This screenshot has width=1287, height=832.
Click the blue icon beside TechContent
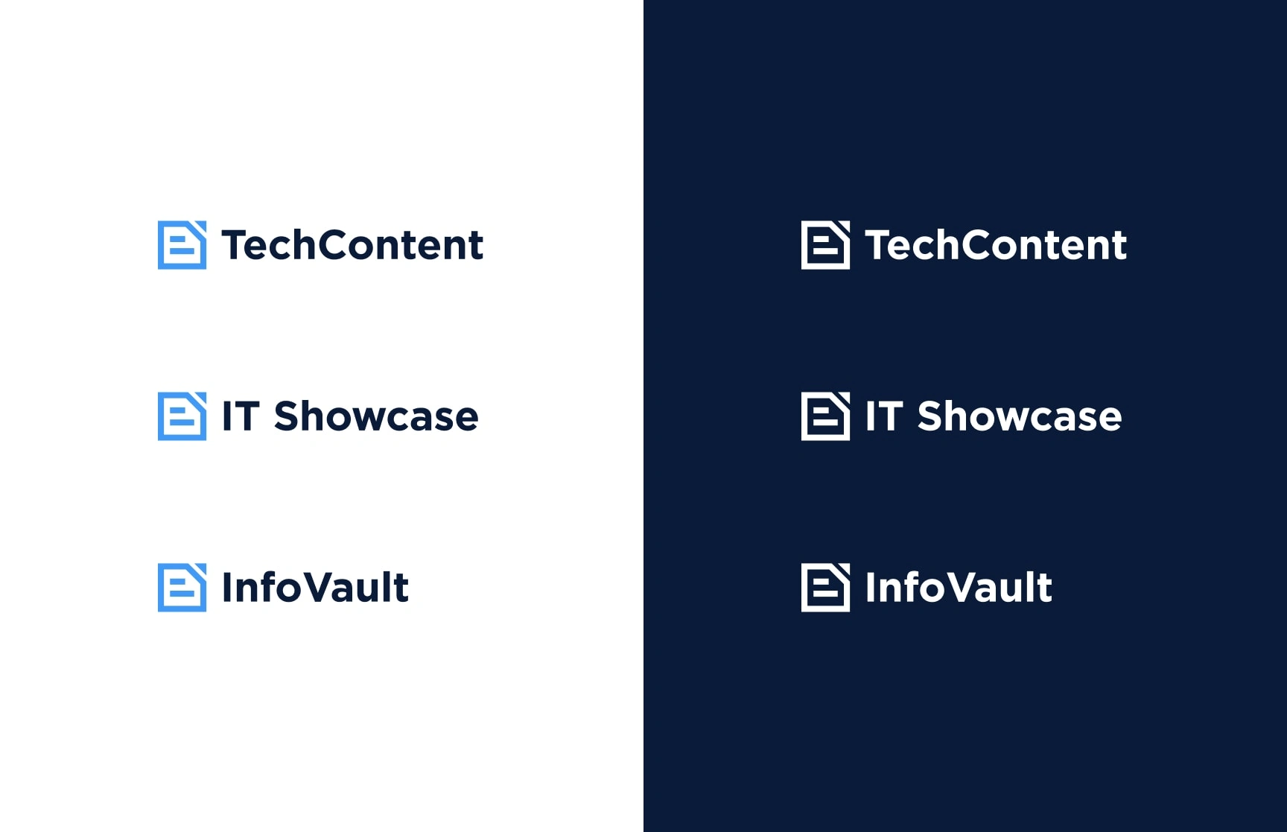182,245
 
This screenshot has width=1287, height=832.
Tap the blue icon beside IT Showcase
182,416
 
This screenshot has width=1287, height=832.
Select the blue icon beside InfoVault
182,588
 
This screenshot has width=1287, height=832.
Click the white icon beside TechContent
825,245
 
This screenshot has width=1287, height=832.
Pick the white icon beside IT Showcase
825,416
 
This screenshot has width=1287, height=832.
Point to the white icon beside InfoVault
825,588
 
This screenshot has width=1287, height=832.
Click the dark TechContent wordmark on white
352,245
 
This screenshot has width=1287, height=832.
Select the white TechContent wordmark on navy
996,245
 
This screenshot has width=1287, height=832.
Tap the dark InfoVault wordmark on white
315,587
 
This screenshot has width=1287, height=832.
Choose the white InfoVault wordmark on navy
959,587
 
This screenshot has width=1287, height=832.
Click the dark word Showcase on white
376,416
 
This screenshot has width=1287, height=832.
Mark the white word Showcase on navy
1020,416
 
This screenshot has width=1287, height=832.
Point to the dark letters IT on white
241,416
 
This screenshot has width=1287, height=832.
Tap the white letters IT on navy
884,416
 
